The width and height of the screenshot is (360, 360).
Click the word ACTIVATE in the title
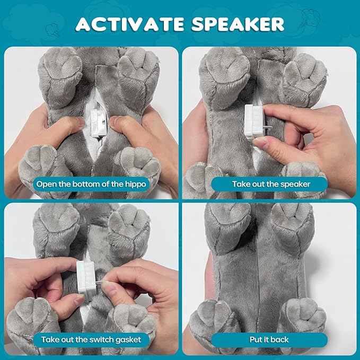click(130, 24)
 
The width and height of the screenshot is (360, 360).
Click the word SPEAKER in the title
click(238, 24)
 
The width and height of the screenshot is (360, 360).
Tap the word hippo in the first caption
click(135, 185)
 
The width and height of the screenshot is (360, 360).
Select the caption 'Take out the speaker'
click(271, 184)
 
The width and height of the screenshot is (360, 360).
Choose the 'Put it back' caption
click(269, 340)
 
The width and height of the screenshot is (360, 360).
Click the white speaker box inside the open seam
click(98, 123)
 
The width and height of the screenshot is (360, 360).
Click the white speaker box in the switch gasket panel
click(86, 278)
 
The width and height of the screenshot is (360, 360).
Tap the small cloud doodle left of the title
click(52, 30)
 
